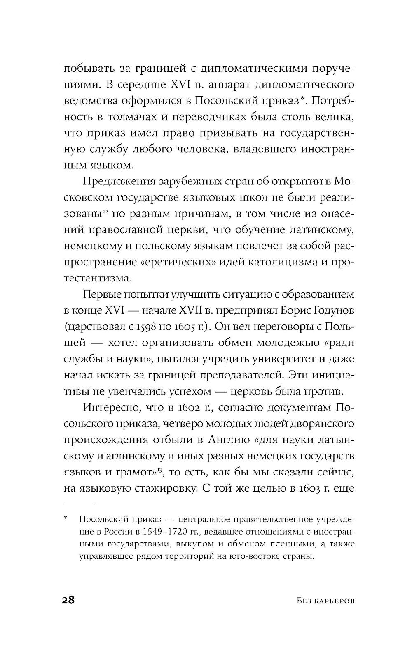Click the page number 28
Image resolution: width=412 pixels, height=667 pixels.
(68, 600)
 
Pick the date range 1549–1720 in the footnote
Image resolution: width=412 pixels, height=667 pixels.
(165, 530)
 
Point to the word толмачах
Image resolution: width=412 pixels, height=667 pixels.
(131, 117)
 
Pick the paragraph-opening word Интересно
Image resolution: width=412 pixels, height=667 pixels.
(110, 407)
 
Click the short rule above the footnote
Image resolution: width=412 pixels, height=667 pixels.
(79, 504)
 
